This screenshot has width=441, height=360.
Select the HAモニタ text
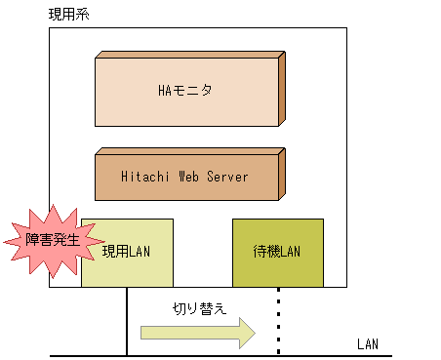point(184,91)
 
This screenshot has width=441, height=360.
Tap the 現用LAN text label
point(127,252)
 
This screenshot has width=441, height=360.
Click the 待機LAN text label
point(278,253)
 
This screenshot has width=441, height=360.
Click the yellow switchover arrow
point(190,333)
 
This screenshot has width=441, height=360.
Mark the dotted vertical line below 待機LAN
point(278,322)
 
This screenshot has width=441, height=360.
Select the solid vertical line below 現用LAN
point(127,322)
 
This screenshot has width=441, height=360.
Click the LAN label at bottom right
point(368,344)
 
